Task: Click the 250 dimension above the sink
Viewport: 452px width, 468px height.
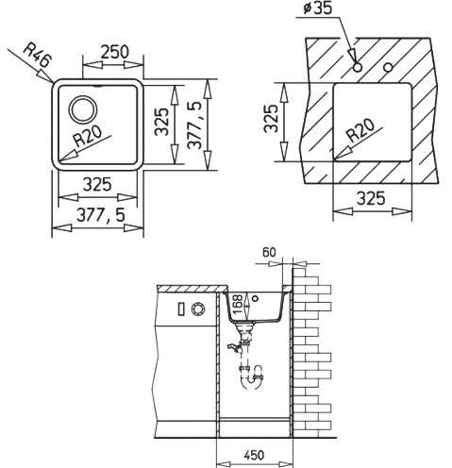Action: pos(115,52)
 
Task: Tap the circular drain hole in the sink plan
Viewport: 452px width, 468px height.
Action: pos(83,109)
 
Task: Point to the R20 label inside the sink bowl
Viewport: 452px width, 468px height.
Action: pos(87,137)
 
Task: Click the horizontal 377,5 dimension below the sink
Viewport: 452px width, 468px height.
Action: pos(101,215)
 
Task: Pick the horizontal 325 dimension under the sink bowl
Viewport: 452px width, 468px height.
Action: pos(97,184)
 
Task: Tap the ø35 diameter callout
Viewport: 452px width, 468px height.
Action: pos(318,8)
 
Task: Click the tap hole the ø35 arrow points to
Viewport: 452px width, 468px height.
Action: pos(358,67)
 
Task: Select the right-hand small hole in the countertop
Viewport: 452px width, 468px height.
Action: pos(389,67)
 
